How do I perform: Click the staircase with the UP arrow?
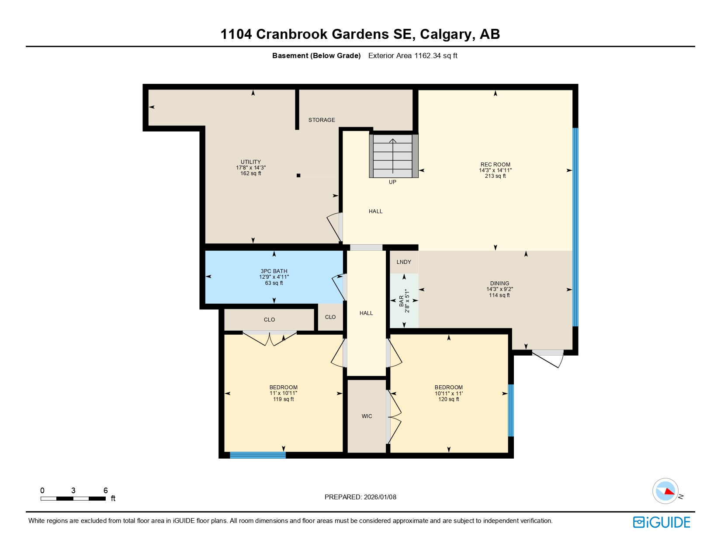[x=393, y=156]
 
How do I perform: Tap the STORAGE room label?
[x=322, y=120]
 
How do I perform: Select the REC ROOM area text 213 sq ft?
[x=495, y=176]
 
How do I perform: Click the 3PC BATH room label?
[x=274, y=271]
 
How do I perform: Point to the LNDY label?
[x=404, y=262]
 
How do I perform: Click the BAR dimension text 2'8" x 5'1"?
[x=407, y=301]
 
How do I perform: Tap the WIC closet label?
[x=367, y=416]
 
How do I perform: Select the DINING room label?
[x=499, y=283]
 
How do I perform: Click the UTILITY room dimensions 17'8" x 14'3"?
[x=251, y=168]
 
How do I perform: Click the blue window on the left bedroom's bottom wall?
[x=257, y=455]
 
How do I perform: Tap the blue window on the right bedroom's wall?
[x=510, y=410]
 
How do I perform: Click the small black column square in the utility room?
[x=298, y=176]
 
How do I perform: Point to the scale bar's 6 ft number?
[x=105, y=491]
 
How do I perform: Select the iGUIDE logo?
[x=661, y=522]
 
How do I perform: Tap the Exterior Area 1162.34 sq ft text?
[x=412, y=56]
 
